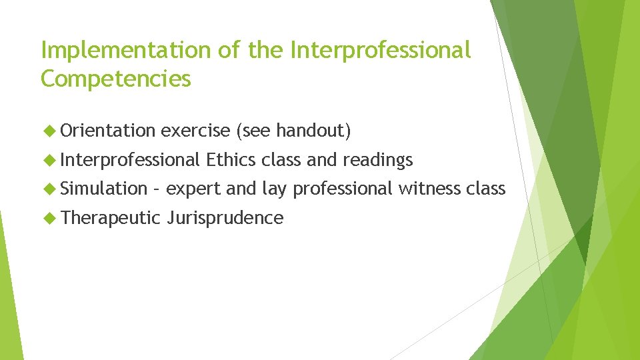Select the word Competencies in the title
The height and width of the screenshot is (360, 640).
(x=116, y=79)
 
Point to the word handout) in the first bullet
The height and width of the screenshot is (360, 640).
(x=313, y=131)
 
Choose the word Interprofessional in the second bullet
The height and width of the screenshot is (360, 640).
(x=131, y=160)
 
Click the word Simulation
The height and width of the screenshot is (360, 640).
(x=103, y=189)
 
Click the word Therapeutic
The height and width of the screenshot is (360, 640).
(x=111, y=218)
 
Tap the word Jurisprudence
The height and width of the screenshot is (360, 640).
(x=225, y=218)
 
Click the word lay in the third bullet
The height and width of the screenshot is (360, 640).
(x=273, y=189)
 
